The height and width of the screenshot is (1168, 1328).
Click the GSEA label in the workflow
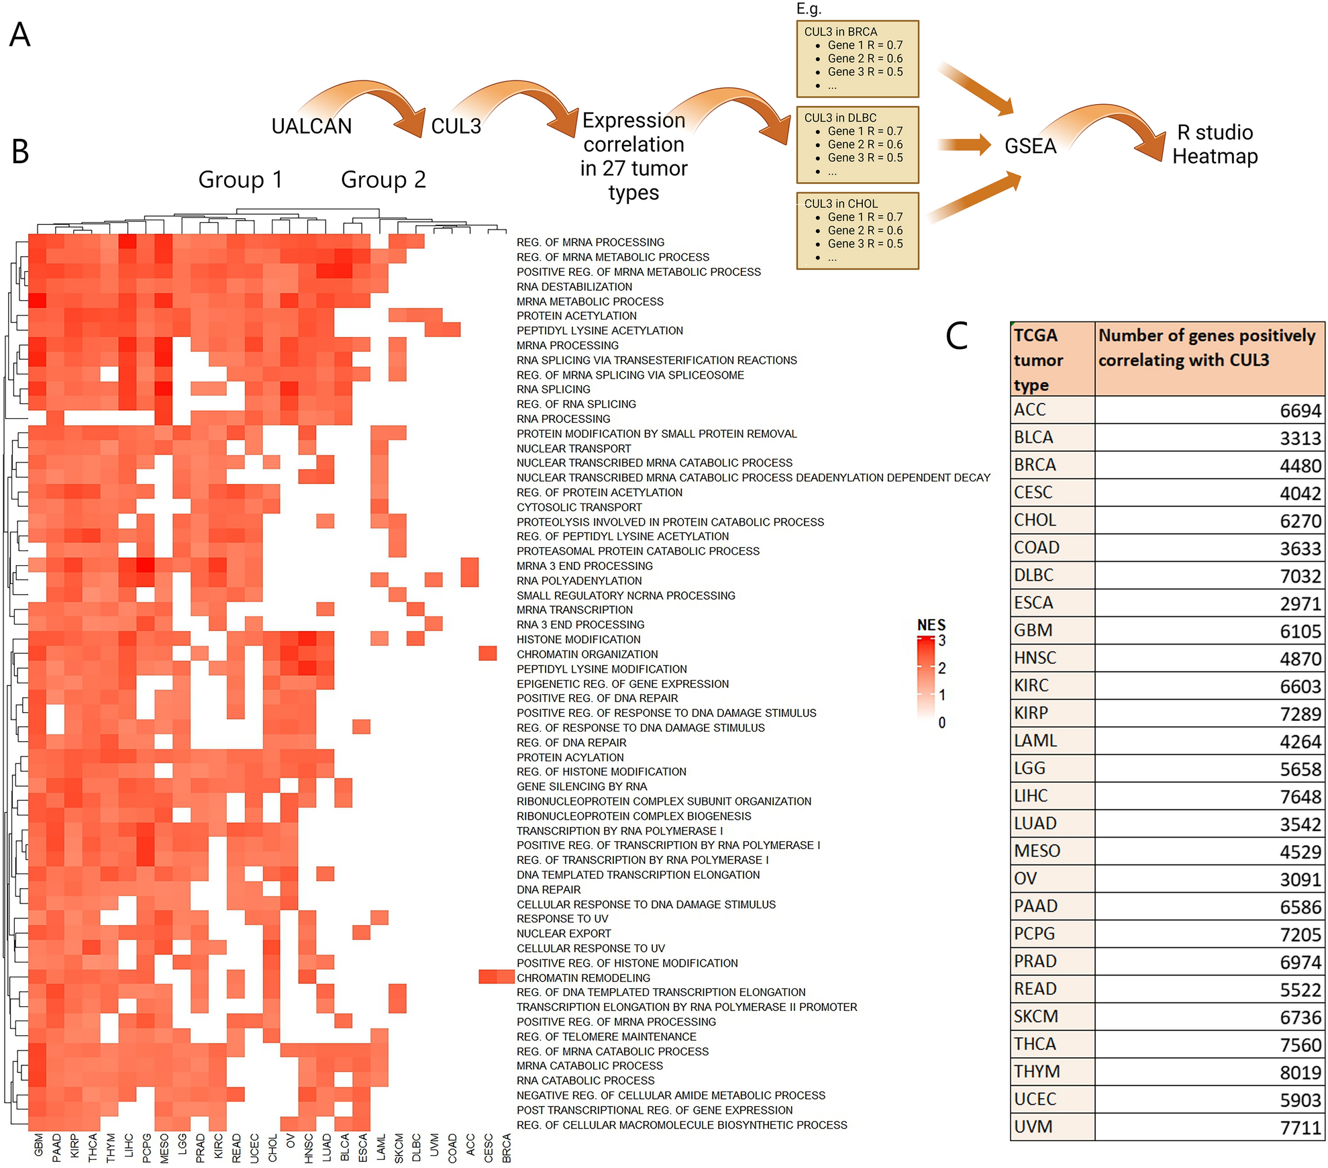click(1029, 146)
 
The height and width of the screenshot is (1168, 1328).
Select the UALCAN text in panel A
click(311, 126)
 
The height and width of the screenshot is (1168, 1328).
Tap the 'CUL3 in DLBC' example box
click(857, 144)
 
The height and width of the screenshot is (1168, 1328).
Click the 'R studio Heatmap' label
click(1214, 144)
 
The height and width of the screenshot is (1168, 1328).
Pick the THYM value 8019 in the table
click(1300, 1072)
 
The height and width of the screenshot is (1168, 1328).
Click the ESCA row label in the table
click(1033, 603)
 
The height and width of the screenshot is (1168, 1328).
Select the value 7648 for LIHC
click(1300, 797)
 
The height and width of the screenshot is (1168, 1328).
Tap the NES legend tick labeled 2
click(942, 668)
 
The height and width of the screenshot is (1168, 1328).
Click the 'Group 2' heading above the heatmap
click(383, 180)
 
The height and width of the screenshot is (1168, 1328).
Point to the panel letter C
click(956, 336)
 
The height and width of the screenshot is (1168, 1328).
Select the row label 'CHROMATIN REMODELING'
click(583, 978)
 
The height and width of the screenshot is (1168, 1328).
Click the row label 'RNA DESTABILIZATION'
click(574, 287)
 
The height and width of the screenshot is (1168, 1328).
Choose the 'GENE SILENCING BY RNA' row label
click(581, 786)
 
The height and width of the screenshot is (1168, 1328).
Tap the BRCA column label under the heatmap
click(507, 1147)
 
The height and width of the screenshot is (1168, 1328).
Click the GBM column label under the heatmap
click(38, 1145)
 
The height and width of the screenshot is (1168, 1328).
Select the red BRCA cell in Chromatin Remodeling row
click(506, 977)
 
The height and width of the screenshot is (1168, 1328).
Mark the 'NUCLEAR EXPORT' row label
click(564, 933)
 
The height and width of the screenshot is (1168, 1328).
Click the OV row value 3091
click(1300, 879)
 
